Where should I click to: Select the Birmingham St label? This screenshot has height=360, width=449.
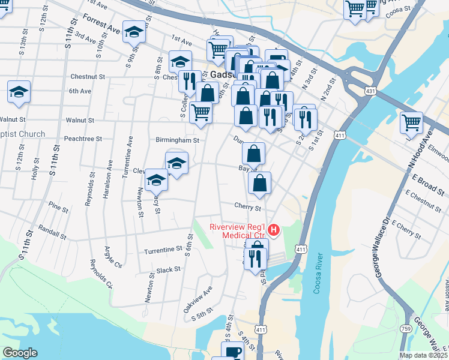pyautogui.click(x=177, y=140)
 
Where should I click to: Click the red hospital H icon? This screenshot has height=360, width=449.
pyautogui.click(x=274, y=229)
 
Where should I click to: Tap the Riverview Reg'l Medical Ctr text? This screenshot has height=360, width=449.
pyautogui.click(x=238, y=231)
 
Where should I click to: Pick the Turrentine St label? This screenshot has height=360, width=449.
pyautogui.click(x=163, y=248)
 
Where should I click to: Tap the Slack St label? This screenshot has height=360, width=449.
pyautogui.click(x=168, y=270)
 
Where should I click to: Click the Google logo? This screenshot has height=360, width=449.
pyautogui.click(x=20, y=352)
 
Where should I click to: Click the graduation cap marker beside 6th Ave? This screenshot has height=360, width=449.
pyautogui.click(x=19, y=92)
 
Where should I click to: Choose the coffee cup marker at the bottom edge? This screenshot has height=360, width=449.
pyautogui.click(x=232, y=352)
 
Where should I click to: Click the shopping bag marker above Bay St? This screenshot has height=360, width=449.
pyautogui.click(x=254, y=154)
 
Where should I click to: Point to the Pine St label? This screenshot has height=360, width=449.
pyautogui.click(x=58, y=208)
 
